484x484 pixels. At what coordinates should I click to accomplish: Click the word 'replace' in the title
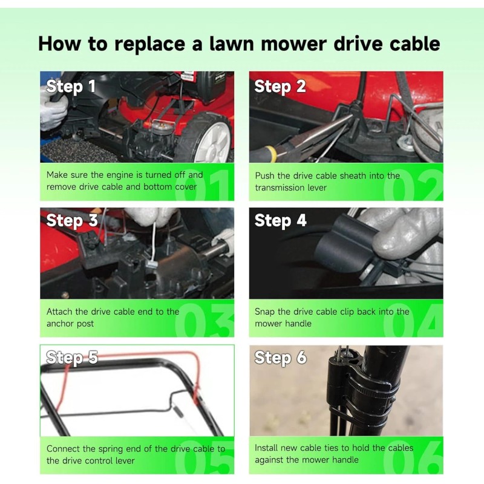(x=149, y=44)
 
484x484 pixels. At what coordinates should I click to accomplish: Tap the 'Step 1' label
(x=71, y=87)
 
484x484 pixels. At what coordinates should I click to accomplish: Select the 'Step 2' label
(x=280, y=87)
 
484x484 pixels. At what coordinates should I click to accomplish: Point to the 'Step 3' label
(x=71, y=220)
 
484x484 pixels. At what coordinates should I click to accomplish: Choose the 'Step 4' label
(x=280, y=220)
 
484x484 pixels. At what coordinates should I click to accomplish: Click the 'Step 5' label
(x=71, y=358)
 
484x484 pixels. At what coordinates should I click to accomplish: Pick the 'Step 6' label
(x=280, y=358)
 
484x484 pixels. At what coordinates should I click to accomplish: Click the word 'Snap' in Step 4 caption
(x=264, y=312)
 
